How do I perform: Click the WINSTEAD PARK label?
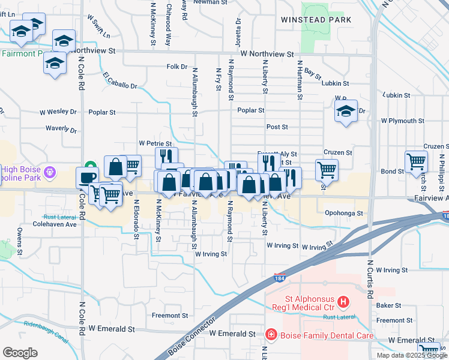308,20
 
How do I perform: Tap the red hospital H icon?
343,301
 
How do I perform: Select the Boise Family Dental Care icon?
271,334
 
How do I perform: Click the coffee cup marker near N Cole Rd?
87,177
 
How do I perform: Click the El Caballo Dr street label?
119,81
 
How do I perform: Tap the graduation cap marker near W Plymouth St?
346,111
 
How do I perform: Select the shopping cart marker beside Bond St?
416,161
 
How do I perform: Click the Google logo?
20,352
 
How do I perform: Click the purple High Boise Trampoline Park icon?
49,172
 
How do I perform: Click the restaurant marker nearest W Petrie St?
166,157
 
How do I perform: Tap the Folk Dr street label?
177,67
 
